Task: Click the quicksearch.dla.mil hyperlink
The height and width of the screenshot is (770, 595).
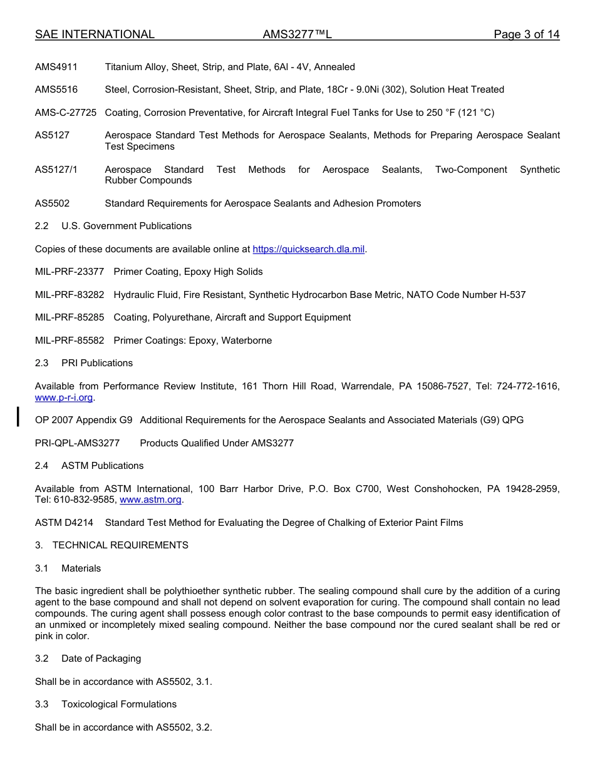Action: (x=308, y=249)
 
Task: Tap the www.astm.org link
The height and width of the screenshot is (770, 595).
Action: (x=151, y=500)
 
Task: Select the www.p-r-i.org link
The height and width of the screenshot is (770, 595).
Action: (x=64, y=398)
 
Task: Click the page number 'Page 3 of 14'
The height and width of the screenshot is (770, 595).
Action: (x=526, y=34)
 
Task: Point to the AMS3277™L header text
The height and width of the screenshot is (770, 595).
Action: (x=297, y=34)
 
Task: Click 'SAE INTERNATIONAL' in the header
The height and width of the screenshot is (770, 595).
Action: (x=95, y=34)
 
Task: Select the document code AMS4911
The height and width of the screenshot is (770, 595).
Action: (x=56, y=67)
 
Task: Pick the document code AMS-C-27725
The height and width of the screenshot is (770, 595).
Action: (x=66, y=113)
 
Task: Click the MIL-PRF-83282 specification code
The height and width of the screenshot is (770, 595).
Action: (x=70, y=295)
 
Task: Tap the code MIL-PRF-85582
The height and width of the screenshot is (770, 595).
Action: (x=70, y=341)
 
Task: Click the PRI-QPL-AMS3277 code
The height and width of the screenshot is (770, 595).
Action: (x=77, y=443)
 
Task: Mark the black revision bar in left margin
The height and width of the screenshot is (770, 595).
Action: (x=18, y=416)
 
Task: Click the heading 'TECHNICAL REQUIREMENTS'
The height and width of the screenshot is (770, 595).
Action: (x=120, y=545)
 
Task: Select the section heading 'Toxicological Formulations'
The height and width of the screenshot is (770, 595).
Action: (x=119, y=704)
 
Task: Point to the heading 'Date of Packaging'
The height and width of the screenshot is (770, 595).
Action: (x=101, y=659)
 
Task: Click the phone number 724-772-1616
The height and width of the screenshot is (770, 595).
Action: (x=528, y=386)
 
